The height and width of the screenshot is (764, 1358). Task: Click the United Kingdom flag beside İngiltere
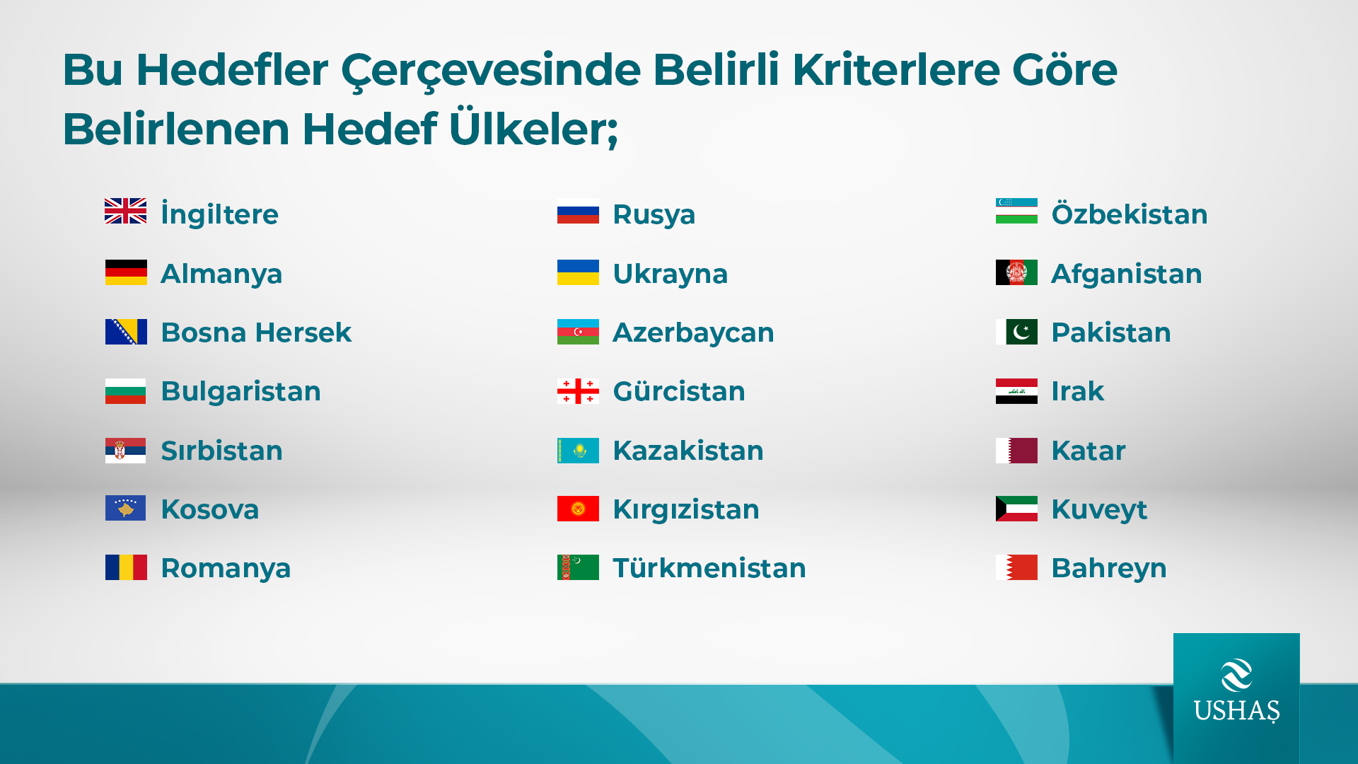[x=126, y=211]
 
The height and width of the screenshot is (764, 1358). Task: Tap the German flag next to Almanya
[x=126, y=272]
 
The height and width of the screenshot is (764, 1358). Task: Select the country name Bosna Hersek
[x=256, y=332]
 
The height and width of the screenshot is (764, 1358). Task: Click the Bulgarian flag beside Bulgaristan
[x=126, y=391]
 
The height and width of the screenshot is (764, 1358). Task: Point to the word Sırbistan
[x=221, y=451]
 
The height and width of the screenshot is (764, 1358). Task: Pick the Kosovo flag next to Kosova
[x=126, y=508]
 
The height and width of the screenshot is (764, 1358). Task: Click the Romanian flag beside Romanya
[x=126, y=567]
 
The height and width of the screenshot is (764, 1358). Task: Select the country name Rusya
[x=654, y=215]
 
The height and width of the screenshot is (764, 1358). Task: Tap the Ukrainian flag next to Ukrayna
[x=578, y=272]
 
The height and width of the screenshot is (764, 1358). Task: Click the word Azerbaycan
[x=693, y=333]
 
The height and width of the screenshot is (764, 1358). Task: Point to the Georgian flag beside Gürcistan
[x=578, y=391]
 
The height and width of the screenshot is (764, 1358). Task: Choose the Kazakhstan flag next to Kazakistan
[x=578, y=451]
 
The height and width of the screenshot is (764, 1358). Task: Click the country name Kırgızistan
[x=686, y=510]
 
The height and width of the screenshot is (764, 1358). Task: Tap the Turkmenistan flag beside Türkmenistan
[x=578, y=567]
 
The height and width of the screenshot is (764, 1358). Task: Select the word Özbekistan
[x=1130, y=214]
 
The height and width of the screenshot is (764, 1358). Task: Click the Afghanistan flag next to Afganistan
[x=1016, y=272]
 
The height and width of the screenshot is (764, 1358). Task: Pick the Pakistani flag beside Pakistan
[x=1016, y=332]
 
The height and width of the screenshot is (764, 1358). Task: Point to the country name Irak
[x=1077, y=391]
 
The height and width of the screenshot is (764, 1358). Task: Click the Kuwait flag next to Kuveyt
[x=1016, y=509]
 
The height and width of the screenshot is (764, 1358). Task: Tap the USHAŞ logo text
[x=1236, y=710]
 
